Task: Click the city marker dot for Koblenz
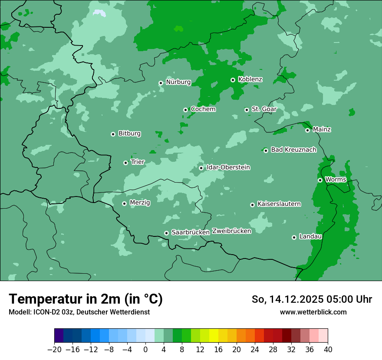click(233, 80)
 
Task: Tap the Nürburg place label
click(178, 82)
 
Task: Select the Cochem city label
click(203, 109)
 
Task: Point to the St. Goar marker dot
click(247, 110)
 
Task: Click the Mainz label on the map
click(322, 130)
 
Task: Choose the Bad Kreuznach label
click(293, 150)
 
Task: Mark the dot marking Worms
click(320, 180)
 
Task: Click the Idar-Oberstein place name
click(228, 167)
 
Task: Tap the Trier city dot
click(125, 163)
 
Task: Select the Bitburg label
click(129, 134)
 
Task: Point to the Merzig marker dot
click(124, 203)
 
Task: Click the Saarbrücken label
click(191, 232)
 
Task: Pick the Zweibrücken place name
click(231, 231)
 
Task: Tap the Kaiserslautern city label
click(279, 204)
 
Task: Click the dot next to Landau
click(294, 237)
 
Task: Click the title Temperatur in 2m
click(86, 299)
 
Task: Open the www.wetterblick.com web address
click(313, 312)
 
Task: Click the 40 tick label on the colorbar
click(328, 350)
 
